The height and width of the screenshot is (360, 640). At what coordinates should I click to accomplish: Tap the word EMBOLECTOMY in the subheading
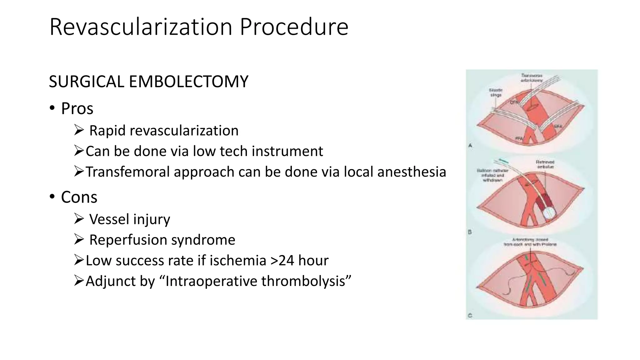(188, 82)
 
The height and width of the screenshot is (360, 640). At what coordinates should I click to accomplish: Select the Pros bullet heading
(77, 109)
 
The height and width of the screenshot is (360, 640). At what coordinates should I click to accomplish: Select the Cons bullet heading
(79, 197)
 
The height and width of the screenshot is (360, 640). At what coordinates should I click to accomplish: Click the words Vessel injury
(129, 219)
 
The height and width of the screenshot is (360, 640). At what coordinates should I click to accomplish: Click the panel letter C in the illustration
(470, 316)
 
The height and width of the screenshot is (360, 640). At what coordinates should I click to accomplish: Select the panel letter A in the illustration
(470, 145)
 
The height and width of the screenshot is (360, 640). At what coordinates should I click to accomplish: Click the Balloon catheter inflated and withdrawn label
(492, 175)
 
